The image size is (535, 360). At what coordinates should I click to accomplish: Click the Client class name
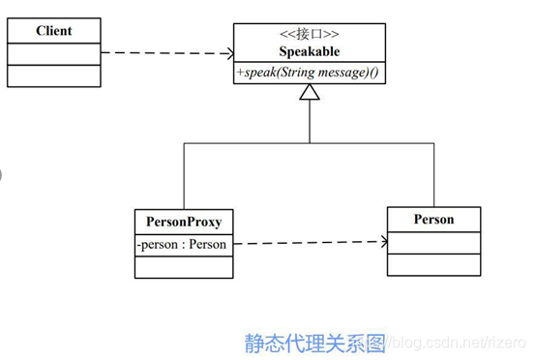tap(53, 30)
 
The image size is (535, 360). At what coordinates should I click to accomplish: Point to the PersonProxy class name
tap(184, 222)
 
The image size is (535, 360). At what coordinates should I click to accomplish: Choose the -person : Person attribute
tap(182, 244)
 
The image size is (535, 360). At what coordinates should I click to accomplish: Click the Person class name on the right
tap(433, 219)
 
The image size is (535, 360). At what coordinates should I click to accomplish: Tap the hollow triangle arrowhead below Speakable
tap(310, 94)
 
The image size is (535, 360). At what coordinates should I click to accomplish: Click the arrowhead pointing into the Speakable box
tap(227, 54)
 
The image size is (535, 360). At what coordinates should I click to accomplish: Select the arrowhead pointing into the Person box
tap(379, 242)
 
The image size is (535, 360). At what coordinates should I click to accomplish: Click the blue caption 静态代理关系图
tap(314, 343)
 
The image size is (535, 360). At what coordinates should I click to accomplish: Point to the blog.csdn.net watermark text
tap(455, 343)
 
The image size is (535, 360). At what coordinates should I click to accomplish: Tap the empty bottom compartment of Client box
tap(53, 75)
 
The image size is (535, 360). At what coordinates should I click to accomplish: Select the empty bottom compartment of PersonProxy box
tap(184, 266)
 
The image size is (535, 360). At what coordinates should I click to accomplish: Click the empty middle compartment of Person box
tap(433, 241)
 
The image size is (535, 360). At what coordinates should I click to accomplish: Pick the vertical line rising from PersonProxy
tap(184, 174)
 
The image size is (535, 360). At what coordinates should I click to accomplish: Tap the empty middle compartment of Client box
tap(53, 53)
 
